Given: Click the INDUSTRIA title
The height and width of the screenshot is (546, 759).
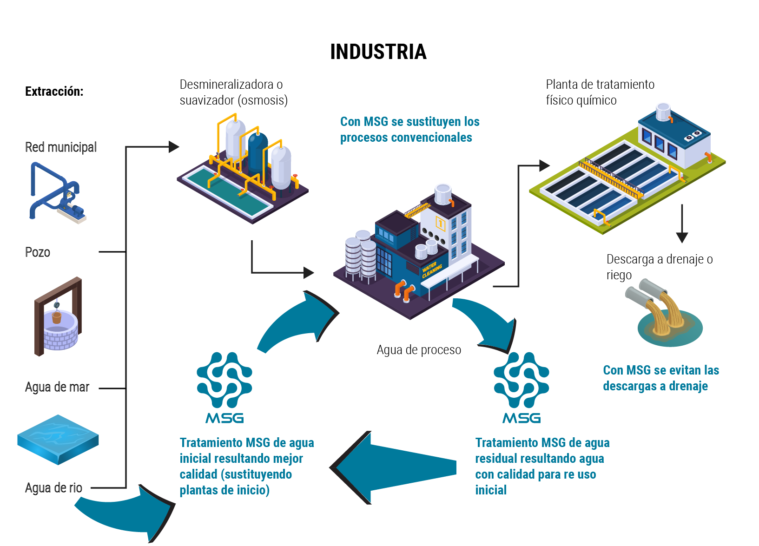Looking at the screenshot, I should pyautogui.click(x=378, y=52).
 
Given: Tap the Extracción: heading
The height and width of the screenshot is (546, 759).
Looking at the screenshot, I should pyautogui.click(x=54, y=92).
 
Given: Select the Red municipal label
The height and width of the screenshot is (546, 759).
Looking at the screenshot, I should pyautogui.click(x=60, y=147).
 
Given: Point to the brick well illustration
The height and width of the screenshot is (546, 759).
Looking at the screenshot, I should pyautogui.click(x=58, y=318).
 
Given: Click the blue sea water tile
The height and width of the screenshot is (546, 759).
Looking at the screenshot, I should pyautogui.click(x=58, y=439).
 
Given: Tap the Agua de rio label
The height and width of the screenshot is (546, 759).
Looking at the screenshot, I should pyautogui.click(x=53, y=488).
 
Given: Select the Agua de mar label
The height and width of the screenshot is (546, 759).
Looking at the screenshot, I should pyautogui.click(x=57, y=387).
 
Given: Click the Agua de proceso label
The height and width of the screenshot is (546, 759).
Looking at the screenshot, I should pyautogui.click(x=419, y=350).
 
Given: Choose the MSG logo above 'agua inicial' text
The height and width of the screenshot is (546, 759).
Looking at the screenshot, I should pyautogui.click(x=224, y=388).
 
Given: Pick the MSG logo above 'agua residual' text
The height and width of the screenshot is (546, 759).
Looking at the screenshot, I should pyautogui.click(x=521, y=388).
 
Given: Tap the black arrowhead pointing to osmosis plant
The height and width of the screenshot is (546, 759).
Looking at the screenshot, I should pyautogui.click(x=174, y=147).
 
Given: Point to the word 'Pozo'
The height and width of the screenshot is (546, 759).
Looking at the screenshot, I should pyautogui.click(x=37, y=252).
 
